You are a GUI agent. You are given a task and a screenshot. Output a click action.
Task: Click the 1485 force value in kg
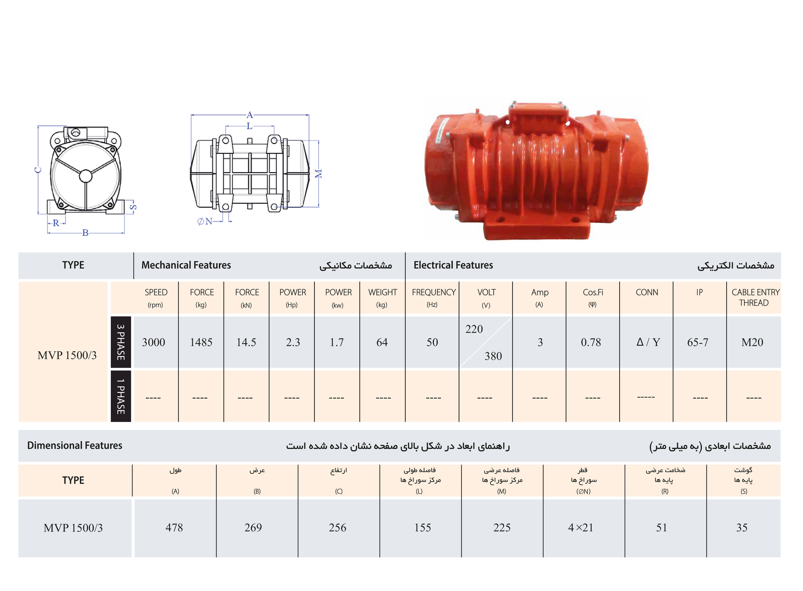(201, 342)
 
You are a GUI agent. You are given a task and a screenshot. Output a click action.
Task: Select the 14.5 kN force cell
(246, 342)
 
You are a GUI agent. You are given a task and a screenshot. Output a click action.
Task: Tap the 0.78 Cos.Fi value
(591, 342)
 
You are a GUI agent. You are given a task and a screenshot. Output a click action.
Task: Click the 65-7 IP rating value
(697, 342)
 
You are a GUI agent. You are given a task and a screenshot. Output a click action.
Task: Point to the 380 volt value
(493, 356)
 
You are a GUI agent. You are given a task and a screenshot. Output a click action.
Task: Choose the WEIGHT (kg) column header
(382, 298)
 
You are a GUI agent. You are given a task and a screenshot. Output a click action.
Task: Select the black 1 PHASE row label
(121, 396)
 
